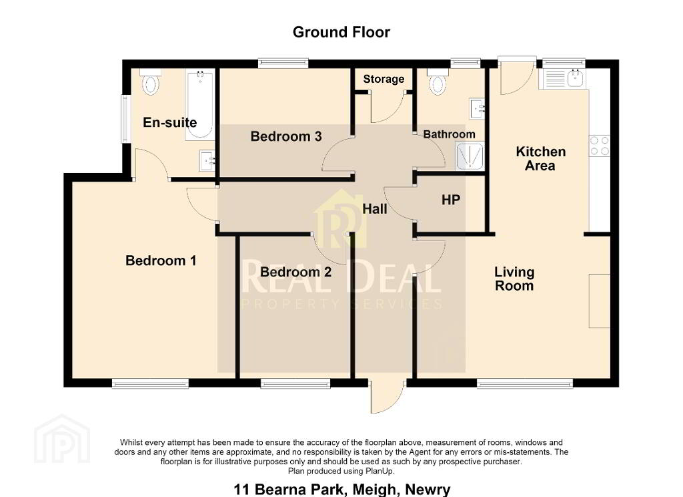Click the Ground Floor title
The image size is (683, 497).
click(341, 32)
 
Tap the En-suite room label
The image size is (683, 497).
click(170, 122)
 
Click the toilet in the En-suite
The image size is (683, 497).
click(151, 82)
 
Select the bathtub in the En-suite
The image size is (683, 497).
click(199, 105)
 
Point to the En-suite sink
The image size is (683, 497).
click(207, 160)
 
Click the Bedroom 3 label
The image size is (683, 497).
click(286, 136)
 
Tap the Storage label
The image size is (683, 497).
click(384, 79)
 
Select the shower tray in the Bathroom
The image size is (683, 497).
click(470, 156)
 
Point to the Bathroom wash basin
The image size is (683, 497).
click(477, 109)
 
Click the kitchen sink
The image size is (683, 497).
click(563, 79)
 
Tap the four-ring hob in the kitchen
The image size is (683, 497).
click(600, 146)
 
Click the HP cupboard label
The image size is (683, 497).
click(451, 200)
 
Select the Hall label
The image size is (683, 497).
click(375, 209)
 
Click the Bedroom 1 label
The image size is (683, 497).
click(161, 261)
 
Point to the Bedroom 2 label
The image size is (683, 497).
click(295, 273)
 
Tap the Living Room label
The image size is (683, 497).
click(514, 279)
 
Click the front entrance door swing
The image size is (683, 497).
click(387, 396)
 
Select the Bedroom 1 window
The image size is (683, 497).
click(150, 383)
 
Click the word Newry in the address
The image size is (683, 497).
click(428, 490)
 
